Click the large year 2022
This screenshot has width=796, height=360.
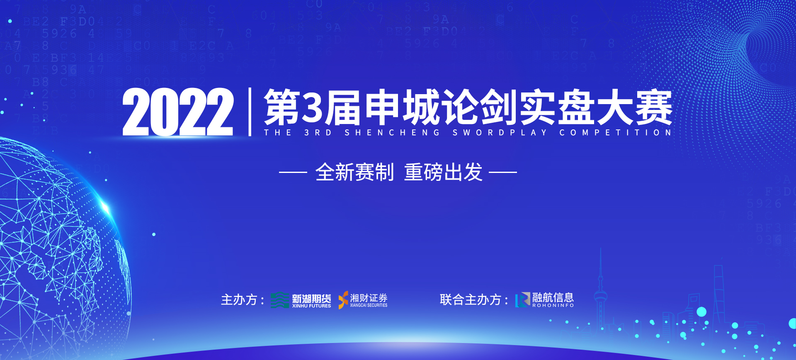click(178, 112)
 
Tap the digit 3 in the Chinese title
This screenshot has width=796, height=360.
click(313, 108)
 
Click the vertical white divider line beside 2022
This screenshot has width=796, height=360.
click(250, 112)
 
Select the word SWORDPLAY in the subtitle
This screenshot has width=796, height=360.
click(500, 133)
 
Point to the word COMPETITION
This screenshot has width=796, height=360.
click(615, 133)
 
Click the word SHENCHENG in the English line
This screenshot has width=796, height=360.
click(392, 133)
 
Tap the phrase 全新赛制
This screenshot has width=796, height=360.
click(354, 172)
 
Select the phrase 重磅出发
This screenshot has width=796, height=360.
click(443, 172)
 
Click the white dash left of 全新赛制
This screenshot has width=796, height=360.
click(293, 172)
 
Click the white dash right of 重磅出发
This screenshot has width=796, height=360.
click(503, 172)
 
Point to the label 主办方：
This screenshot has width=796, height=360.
click(243, 300)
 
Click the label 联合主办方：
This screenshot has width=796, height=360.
click(474, 300)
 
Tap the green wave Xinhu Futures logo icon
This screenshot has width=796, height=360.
click(280, 300)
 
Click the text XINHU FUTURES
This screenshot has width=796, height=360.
click(311, 306)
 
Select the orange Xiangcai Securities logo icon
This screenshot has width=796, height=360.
click(343, 300)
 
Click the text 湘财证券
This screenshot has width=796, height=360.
click(369, 298)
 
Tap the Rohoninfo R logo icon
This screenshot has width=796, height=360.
click(523, 300)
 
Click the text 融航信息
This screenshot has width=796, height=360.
click(553, 297)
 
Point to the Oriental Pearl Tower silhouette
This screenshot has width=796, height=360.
click(600, 294)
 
